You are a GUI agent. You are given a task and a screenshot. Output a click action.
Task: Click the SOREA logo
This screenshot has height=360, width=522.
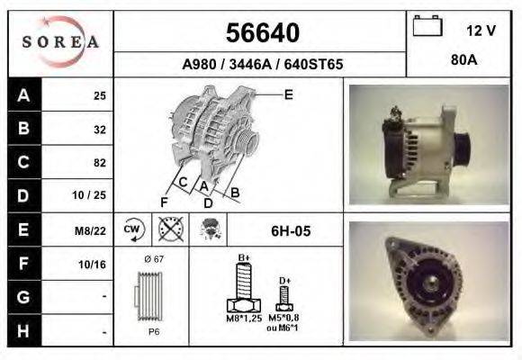tap(60, 43)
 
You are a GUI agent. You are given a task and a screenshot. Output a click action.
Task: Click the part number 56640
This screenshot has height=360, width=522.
tap(262, 33)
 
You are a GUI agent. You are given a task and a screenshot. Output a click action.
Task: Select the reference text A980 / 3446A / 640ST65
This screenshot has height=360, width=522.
tap(262, 65)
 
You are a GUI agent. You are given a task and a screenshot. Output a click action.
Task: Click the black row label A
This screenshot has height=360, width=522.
tap(24, 94)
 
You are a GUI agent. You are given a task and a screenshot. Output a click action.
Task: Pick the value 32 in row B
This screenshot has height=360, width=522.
tap(99, 129)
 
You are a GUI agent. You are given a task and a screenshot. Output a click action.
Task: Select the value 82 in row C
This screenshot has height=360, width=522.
tap(99, 163)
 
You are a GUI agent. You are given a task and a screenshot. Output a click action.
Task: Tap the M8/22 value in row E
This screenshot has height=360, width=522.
tap(93, 230)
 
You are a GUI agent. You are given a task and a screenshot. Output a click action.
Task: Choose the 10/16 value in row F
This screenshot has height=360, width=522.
tap(94, 264)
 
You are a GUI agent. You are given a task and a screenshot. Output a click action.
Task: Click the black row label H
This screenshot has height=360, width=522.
tap(24, 330)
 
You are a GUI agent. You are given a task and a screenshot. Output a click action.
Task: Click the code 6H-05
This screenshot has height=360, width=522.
tap(291, 231)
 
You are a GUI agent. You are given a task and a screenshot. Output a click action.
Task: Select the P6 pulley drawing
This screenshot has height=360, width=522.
tap(151, 298)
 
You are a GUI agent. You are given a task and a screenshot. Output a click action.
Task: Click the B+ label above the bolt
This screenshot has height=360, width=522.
tap(243, 258)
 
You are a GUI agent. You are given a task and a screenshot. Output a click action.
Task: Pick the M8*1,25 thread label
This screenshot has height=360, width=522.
tap(243, 318)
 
